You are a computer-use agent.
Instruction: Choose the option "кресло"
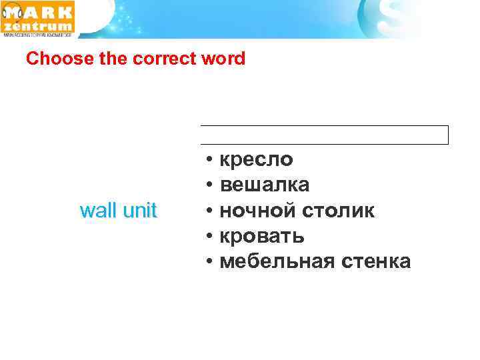pyautogui.click(x=256, y=160)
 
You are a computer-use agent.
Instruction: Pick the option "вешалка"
pyautogui.click(x=264, y=185)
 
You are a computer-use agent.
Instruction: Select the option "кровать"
pyautogui.click(x=262, y=236)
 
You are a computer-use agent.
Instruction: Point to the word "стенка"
pyautogui.click(x=375, y=261)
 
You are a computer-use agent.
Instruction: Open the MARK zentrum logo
pyautogui.click(x=39, y=19)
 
